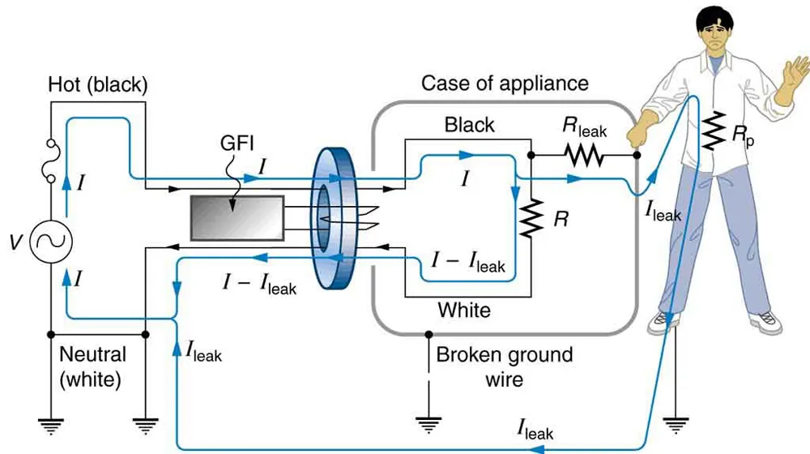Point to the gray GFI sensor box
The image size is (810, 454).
tap(237, 218)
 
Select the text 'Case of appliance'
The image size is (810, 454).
tap(505, 84)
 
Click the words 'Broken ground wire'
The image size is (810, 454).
tap(504, 366)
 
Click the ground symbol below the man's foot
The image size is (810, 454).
tap(675, 424)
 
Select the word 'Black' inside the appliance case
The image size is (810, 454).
tap(470, 125)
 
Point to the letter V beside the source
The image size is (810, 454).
tap(15, 242)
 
